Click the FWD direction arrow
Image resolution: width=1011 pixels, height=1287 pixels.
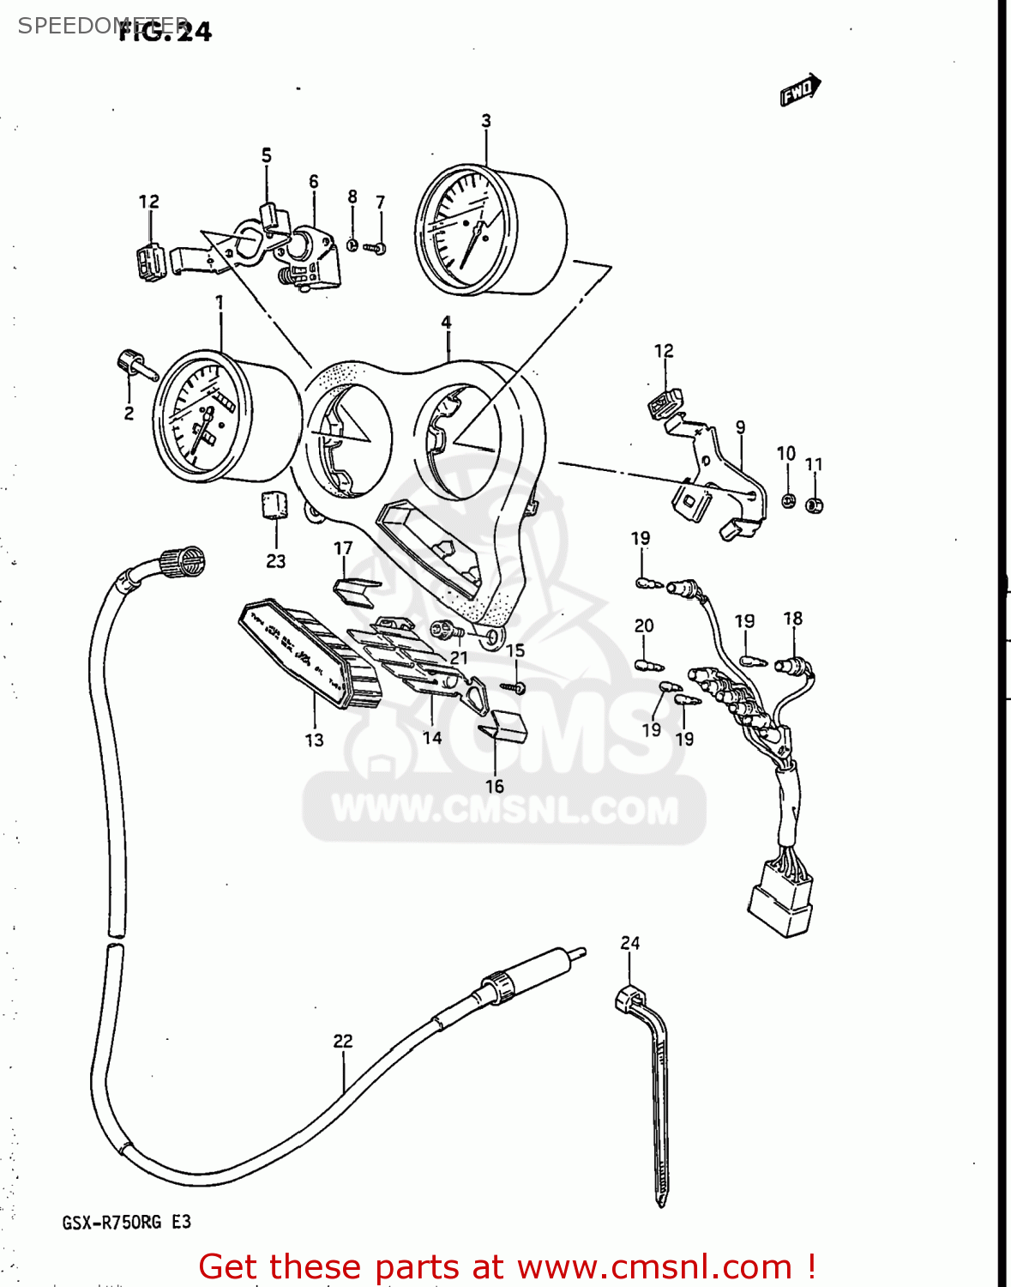point(800,89)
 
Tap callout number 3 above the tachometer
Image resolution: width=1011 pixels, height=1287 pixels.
point(486,121)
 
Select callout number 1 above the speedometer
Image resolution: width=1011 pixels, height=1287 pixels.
point(220,303)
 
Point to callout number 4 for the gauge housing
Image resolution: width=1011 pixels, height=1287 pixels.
point(446,323)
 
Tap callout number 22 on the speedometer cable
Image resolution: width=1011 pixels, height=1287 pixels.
point(343,1041)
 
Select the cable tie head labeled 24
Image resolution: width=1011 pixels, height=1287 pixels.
point(629,1000)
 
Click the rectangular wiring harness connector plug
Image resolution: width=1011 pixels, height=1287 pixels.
point(779,908)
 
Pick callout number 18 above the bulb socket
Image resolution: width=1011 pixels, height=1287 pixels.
point(793,619)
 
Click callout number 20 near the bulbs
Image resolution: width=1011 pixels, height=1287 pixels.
point(644,626)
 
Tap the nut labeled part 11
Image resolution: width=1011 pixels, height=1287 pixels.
point(815,505)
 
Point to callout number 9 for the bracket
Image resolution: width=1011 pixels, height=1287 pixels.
point(740,427)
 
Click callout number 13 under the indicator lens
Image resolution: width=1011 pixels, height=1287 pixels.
point(314,740)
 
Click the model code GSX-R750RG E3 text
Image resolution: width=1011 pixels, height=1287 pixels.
point(126,1222)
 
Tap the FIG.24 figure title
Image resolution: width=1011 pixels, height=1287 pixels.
point(165,32)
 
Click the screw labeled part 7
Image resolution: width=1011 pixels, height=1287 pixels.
point(376,248)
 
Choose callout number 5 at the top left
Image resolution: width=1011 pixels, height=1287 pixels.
point(267,155)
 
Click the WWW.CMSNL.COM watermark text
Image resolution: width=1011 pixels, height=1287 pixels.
point(504,810)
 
